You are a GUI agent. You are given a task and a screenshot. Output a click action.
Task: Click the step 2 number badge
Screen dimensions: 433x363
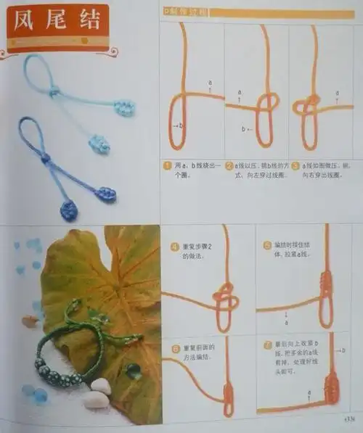point(229,166)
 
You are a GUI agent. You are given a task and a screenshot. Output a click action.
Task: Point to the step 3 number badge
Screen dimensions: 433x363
point(295,166)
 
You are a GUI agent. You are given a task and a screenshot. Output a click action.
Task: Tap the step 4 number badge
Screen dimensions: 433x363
point(174,245)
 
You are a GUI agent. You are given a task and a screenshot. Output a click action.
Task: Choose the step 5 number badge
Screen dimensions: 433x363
point(267,244)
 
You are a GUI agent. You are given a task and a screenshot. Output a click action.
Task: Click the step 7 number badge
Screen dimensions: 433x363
point(267,342)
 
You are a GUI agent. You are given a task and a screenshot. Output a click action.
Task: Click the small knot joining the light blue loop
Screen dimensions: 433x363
point(54,91)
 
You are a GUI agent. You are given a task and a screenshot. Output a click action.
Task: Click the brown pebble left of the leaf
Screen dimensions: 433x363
point(29,321)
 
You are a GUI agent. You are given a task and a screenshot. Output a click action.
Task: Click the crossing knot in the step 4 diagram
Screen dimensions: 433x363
point(224,297)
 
